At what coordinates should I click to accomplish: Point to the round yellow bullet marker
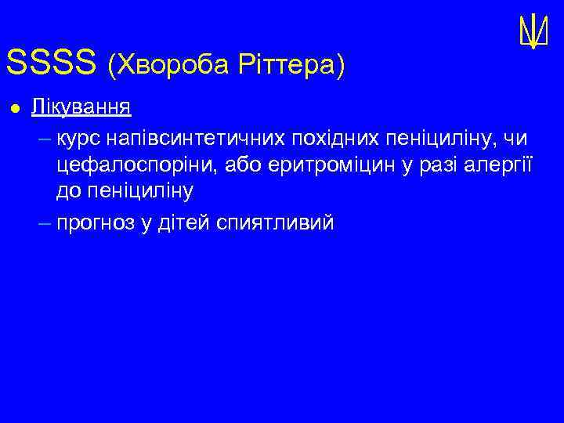pyautogui.click(x=13, y=107)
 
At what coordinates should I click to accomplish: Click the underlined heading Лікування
pyautogui.click(x=81, y=107)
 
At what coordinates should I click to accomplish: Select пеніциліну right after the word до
pyautogui.click(x=138, y=190)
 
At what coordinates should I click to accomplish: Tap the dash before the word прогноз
pyautogui.click(x=44, y=223)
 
